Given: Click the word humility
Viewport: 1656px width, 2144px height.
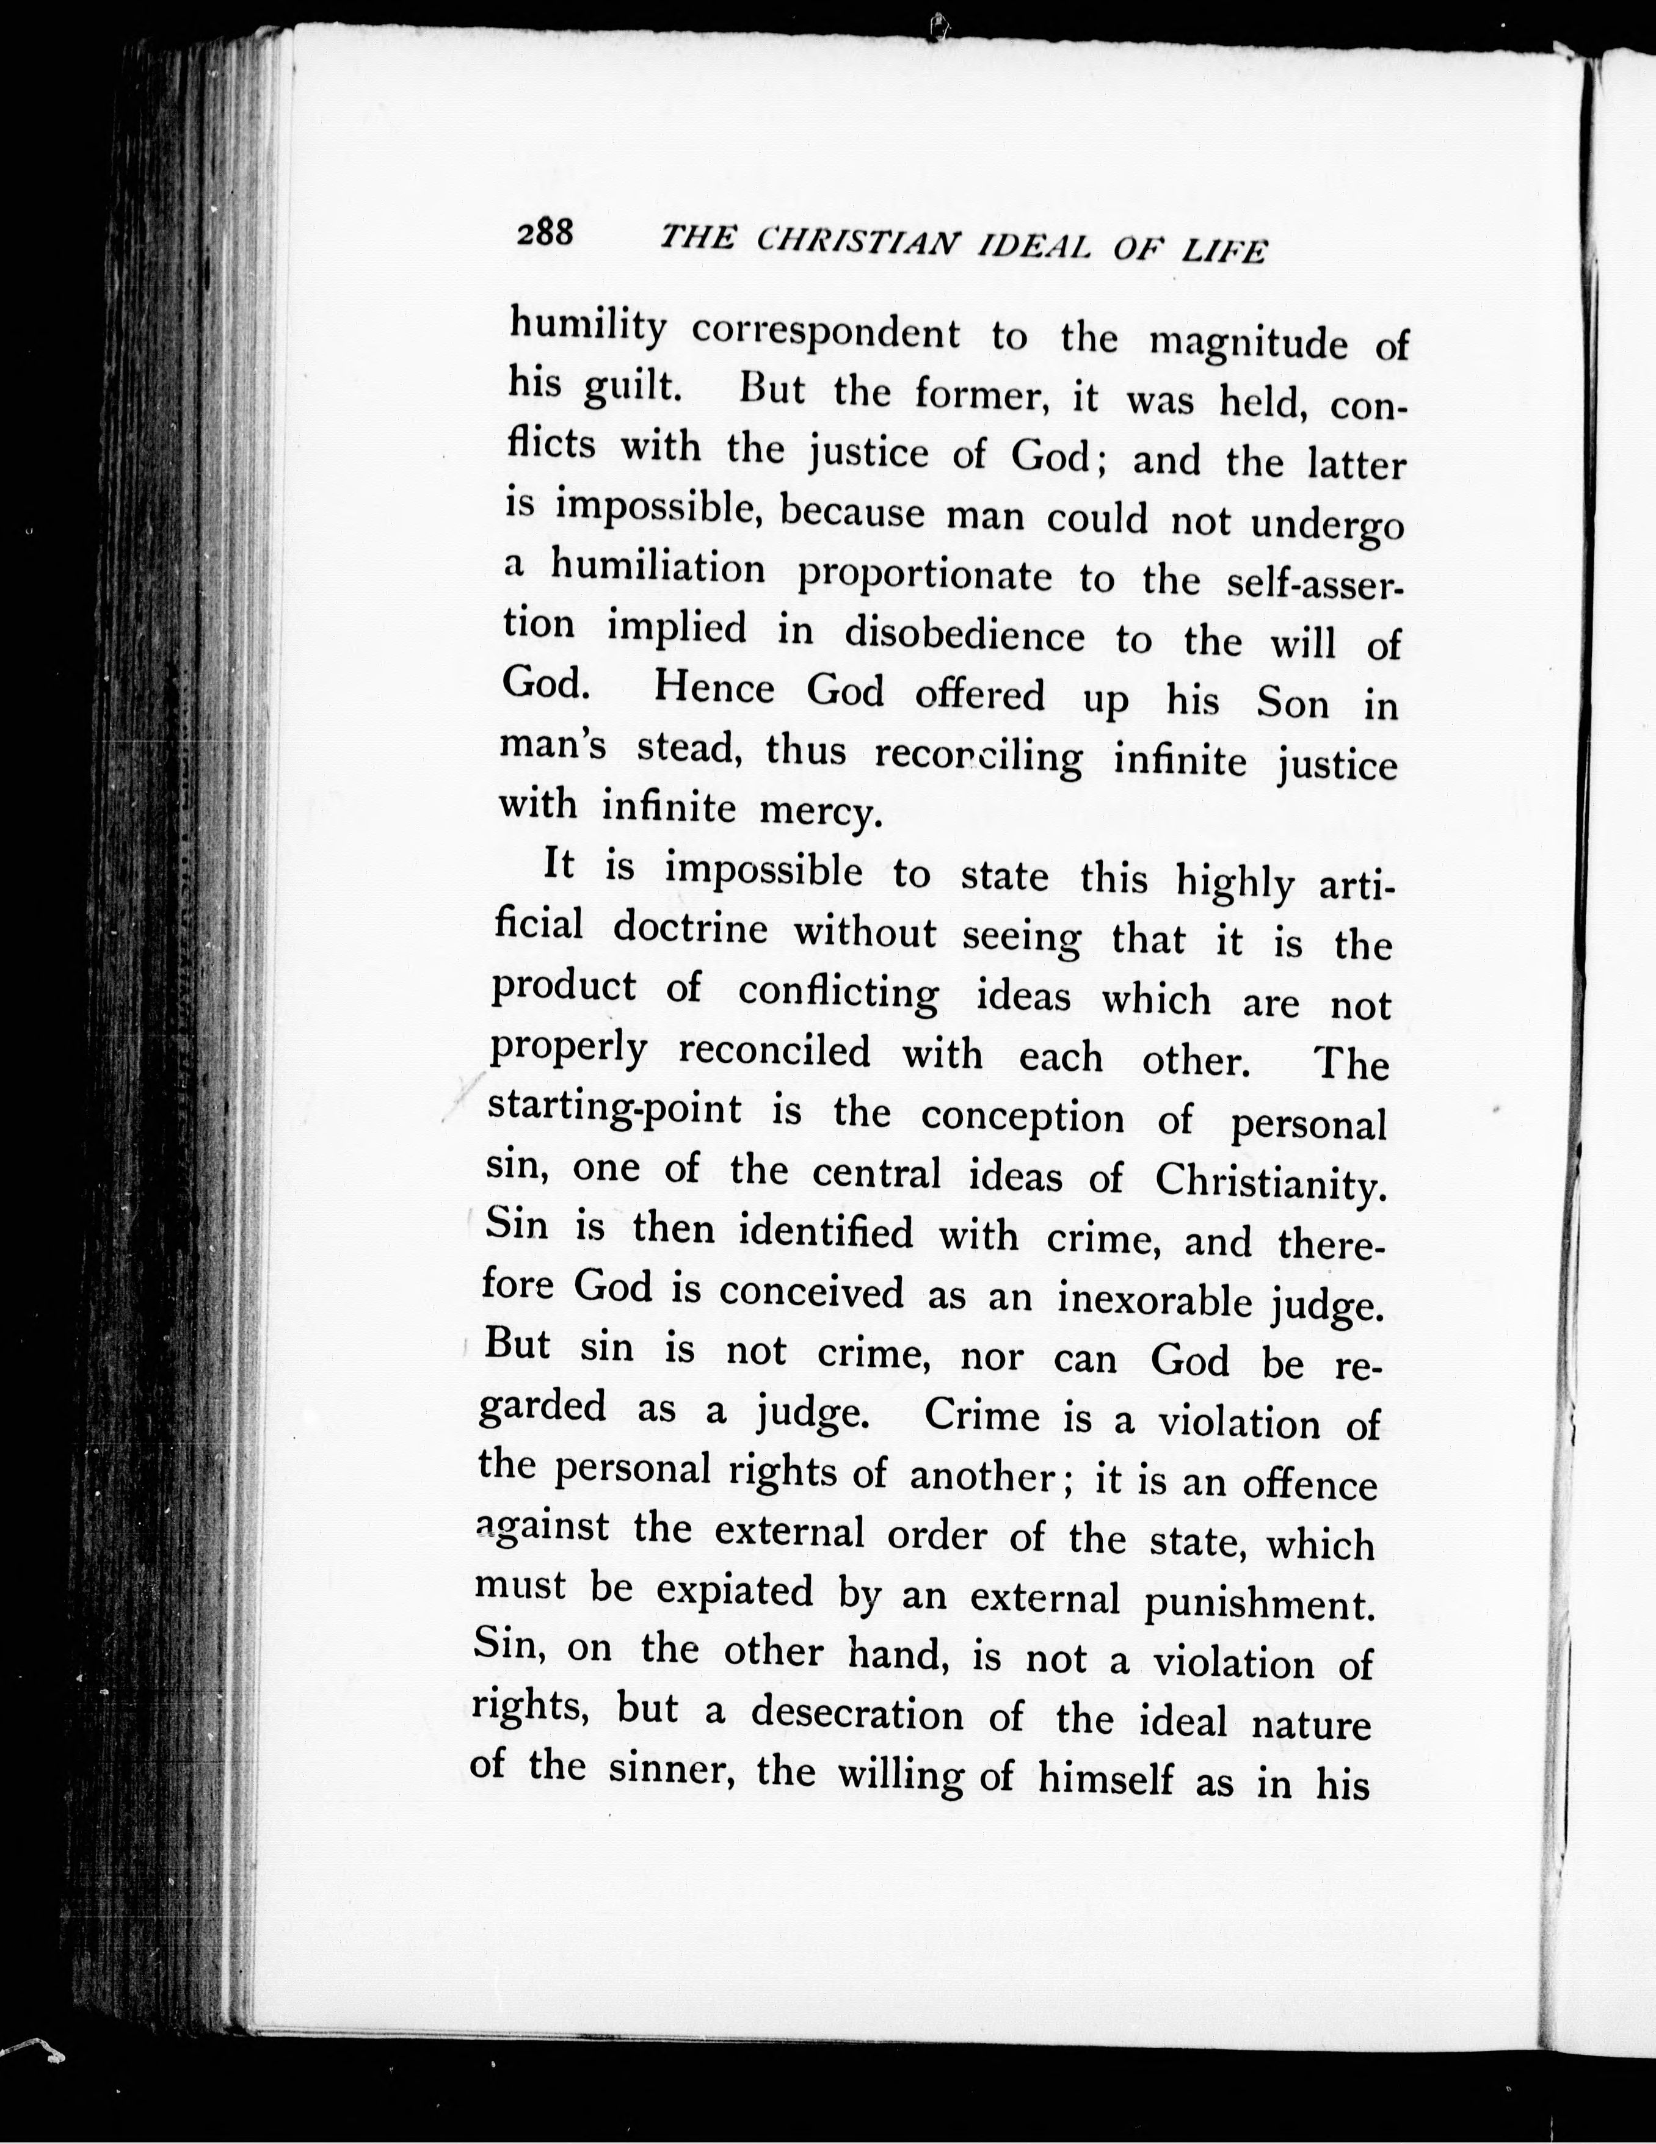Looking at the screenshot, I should (x=587, y=325).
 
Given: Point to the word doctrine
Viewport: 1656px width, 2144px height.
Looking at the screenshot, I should (x=690, y=929).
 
